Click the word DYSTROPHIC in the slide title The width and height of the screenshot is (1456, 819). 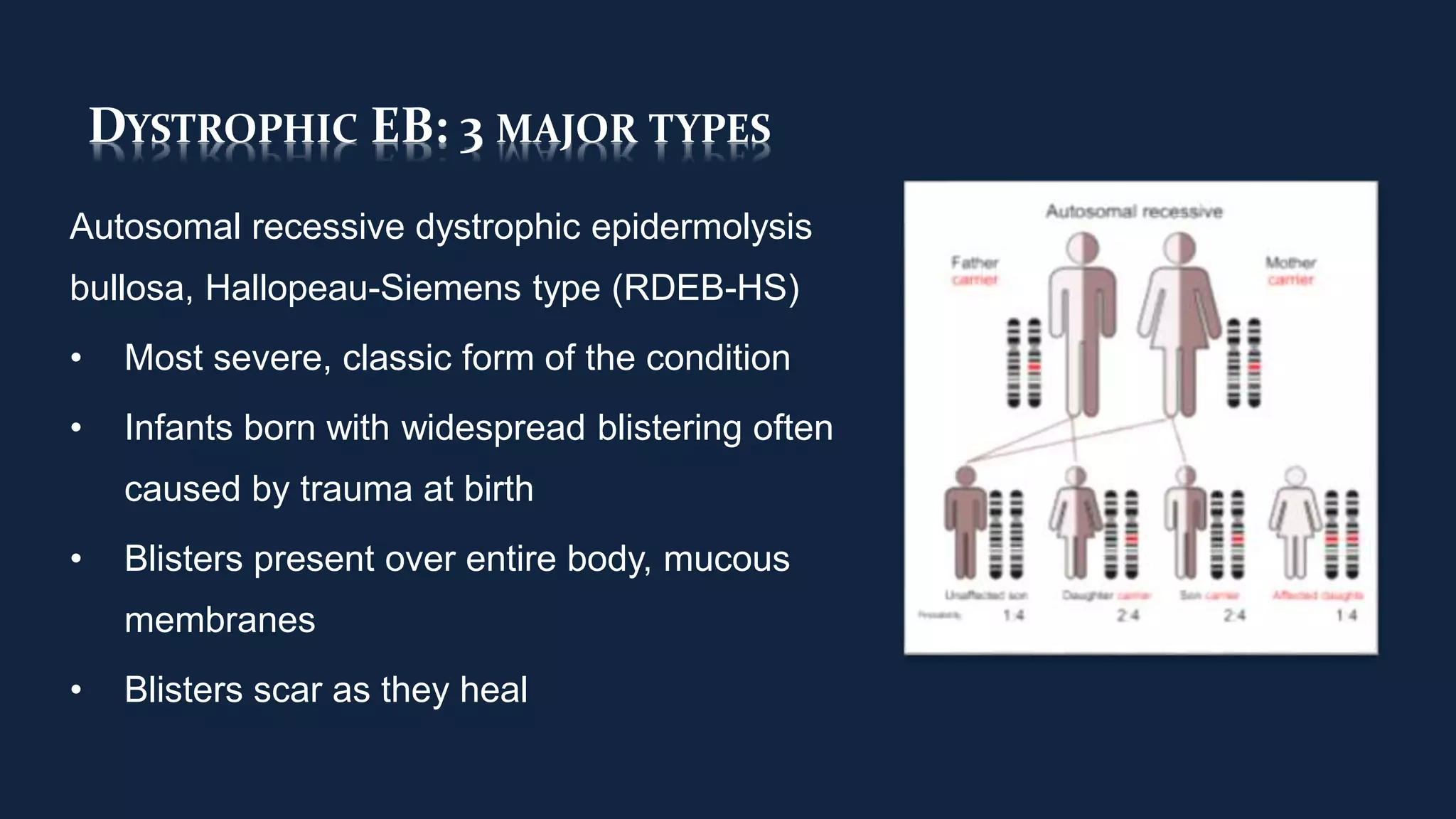[x=223, y=128]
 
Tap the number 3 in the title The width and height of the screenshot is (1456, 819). [x=471, y=132]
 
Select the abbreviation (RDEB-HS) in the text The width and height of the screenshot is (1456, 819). [x=706, y=288]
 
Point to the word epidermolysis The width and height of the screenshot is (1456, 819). [x=701, y=227]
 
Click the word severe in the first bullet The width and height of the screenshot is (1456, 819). [x=272, y=358]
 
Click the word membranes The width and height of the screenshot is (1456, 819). [x=220, y=620]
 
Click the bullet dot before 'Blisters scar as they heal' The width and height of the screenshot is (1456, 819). [x=76, y=690]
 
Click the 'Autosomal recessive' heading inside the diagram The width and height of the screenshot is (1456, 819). [x=1134, y=211]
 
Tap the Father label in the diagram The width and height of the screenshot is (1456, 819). [x=975, y=263]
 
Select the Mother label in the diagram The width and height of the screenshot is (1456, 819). [x=1290, y=263]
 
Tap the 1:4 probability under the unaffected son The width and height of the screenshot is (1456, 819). [x=1013, y=615]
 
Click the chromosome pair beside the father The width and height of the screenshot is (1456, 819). [x=1024, y=363]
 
